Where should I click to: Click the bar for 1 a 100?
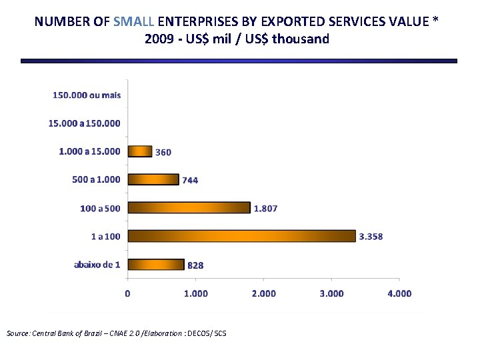pyautogui.click(x=241, y=236)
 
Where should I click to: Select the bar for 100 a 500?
pyautogui.click(x=189, y=208)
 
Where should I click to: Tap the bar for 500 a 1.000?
pyautogui.click(x=153, y=179)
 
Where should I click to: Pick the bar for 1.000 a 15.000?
pyautogui.click(x=140, y=151)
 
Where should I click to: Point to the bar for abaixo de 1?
pyautogui.click(x=156, y=265)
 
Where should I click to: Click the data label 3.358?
pyautogui.click(x=371, y=237)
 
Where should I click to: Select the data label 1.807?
pyautogui.click(x=265, y=208)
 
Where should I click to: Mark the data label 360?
pyautogui.click(x=163, y=152)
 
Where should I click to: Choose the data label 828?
pyautogui.click(x=195, y=265)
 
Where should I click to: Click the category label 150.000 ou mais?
pyautogui.click(x=87, y=95)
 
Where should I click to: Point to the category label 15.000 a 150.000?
pyautogui.click(x=85, y=123)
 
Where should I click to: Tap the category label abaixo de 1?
pyautogui.click(x=97, y=265)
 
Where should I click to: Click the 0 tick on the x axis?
pyautogui.click(x=128, y=293)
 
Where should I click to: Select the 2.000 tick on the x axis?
pyautogui.click(x=263, y=293)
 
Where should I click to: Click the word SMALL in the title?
pyautogui.click(x=134, y=21)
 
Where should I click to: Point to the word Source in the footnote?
pyautogui.click(x=18, y=333)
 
